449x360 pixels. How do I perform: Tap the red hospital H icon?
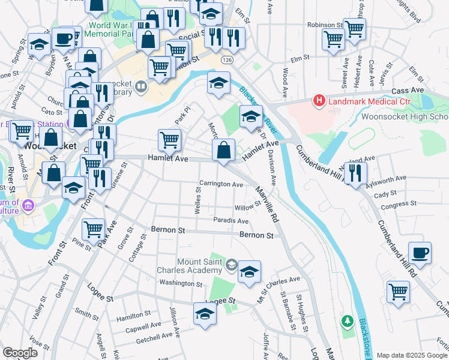(x=319, y=102)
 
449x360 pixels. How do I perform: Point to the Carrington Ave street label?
(x=221, y=184)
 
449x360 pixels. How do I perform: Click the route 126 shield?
(x=226, y=61)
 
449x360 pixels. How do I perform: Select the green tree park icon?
(x=346, y=322)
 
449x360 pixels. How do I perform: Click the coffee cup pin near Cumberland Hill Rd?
(x=420, y=253)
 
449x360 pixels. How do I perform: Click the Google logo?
(x=20, y=352)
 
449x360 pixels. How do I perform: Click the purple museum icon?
(x=27, y=206)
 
